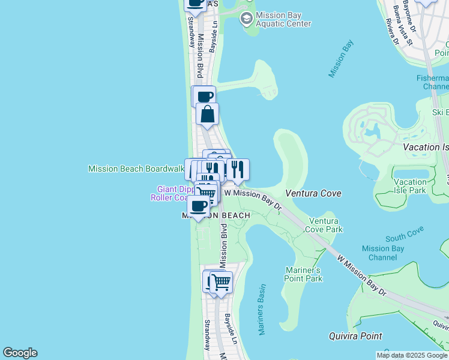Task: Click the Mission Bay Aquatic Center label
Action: pyautogui.click(x=283, y=19)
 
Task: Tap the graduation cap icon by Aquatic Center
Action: pyautogui.click(x=246, y=19)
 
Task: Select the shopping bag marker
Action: pyautogui.click(x=207, y=114)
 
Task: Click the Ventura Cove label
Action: pyautogui.click(x=313, y=193)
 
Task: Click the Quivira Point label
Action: pyautogui.click(x=355, y=336)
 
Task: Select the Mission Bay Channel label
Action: pyautogui.click(x=379, y=253)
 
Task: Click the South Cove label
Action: pyautogui.click(x=405, y=233)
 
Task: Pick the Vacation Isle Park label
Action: pyautogui.click(x=410, y=186)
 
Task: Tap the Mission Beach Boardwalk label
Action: pyautogui.click(x=136, y=169)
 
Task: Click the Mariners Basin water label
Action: pyautogui.click(x=262, y=310)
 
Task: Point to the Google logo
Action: pyautogui.click(x=20, y=353)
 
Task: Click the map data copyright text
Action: pyautogui.click(x=412, y=355)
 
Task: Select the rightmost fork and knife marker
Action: pyautogui.click(x=238, y=170)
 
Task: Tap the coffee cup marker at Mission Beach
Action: pyautogui.click(x=198, y=207)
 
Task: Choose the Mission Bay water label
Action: pyautogui.click(x=341, y=58)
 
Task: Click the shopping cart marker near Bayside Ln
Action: pyautogui.click(x=221, y=282)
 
